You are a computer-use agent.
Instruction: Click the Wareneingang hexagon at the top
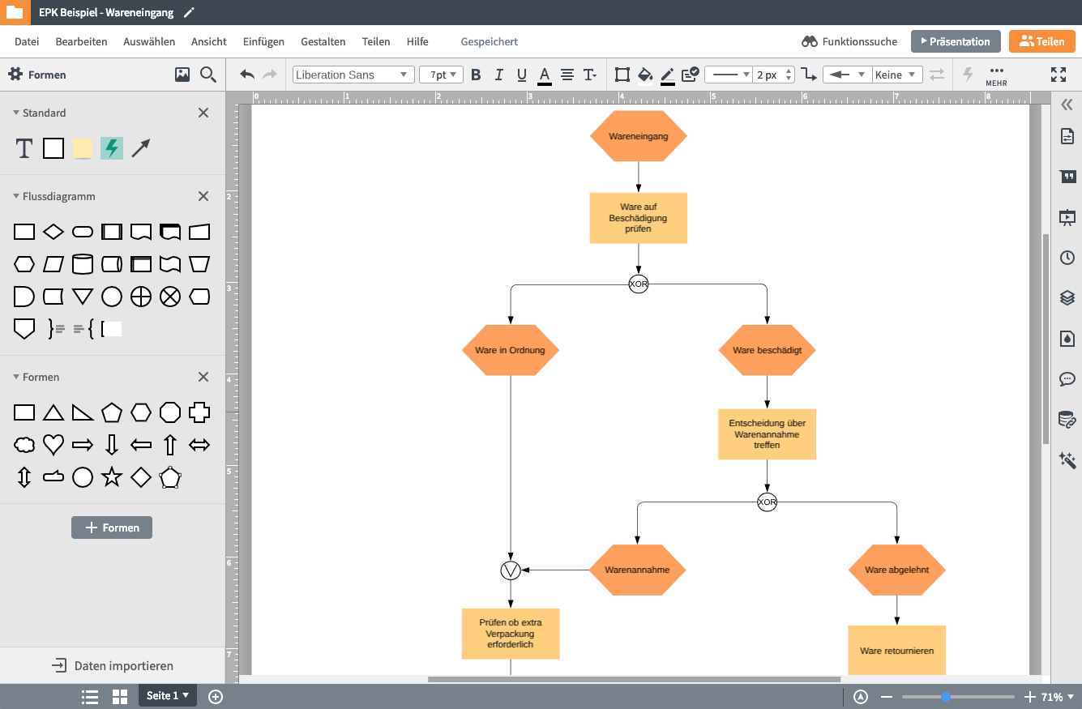pos(639,136)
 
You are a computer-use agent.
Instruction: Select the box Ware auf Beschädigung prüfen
pos(639,218)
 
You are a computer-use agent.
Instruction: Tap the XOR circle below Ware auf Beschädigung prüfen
pos(639,284)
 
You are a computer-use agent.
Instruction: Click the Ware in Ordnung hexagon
pos(511,350)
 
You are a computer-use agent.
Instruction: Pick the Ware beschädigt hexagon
pos(767,350)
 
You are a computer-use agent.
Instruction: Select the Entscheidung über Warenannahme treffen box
pos(767,434)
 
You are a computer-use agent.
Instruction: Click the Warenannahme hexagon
pos(637,570)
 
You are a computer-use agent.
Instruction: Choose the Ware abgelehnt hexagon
pos(896,570)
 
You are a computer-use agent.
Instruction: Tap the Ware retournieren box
pos(896,650)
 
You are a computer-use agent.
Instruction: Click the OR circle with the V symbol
pos(511,570)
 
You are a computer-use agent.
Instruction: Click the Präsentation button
pos(956,41)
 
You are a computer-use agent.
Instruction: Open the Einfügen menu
pos(263,41)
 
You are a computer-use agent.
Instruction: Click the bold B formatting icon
pos(476,75)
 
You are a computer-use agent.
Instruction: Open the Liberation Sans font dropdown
pos(353,75)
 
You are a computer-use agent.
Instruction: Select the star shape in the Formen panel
pos(112,477)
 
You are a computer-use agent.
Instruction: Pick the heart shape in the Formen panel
pos(53,444)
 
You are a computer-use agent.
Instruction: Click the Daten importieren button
pos(113,666)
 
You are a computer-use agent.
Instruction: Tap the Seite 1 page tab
pos(167,696)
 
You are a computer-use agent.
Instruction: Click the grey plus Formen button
pos(112,527)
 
